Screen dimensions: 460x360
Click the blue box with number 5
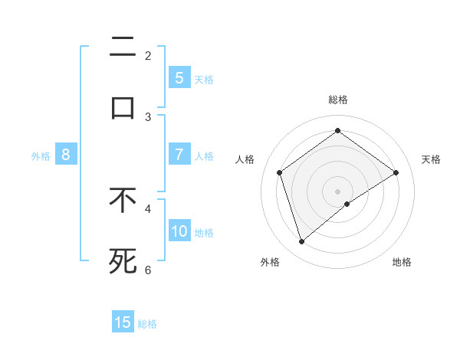click(179, 77)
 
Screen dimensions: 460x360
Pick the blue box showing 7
click(179, 155)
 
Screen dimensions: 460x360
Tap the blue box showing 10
click(179, 231)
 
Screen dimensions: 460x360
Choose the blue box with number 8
click(66, 155)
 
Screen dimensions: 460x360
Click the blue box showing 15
click(123, 322)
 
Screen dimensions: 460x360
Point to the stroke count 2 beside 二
click(148, 55)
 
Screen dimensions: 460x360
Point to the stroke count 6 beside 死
click(148, 270)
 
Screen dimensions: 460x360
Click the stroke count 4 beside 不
click(148, 208)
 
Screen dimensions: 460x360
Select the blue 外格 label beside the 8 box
click(41, 156)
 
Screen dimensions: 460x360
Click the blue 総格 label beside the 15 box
click(147, 324)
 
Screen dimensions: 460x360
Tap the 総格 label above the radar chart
click(338, 100)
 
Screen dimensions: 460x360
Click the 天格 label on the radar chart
click(431, 159)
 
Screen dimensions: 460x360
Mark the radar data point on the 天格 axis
click(396, 172)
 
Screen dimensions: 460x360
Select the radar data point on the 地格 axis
click(347, 204)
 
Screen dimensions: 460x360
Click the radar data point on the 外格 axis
click(302, 242)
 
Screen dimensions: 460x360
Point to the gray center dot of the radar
click(337, 191)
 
